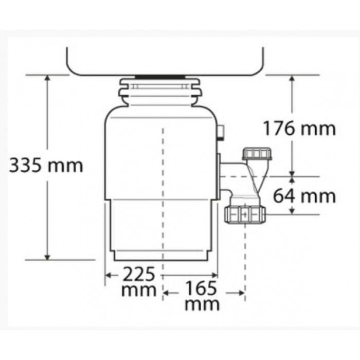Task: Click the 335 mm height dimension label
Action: (x=46, y=165)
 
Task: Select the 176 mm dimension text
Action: (x=299, y=128)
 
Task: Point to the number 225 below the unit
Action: (x=138, y=274)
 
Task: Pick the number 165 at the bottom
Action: (x=201, y=288)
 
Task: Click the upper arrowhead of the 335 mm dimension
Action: (x=47, y=78)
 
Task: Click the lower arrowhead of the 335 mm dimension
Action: (x=47, y=257)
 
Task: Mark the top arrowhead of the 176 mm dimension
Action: (x=292, y=78)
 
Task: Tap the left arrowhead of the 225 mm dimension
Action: (x=108, y=275)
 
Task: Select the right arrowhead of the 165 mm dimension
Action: (x=242, y=293)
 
